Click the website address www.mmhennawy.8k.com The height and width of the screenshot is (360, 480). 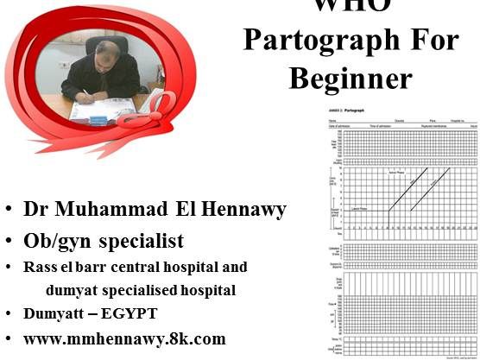click(124, 338)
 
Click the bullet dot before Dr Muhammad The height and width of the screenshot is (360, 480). click(8, 210)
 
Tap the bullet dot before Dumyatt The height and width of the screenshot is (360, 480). click(8, 314)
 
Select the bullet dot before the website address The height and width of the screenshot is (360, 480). click(8, 339)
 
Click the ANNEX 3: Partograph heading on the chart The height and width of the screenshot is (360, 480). click(340, 114)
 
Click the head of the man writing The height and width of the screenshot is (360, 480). click(107, 54)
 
